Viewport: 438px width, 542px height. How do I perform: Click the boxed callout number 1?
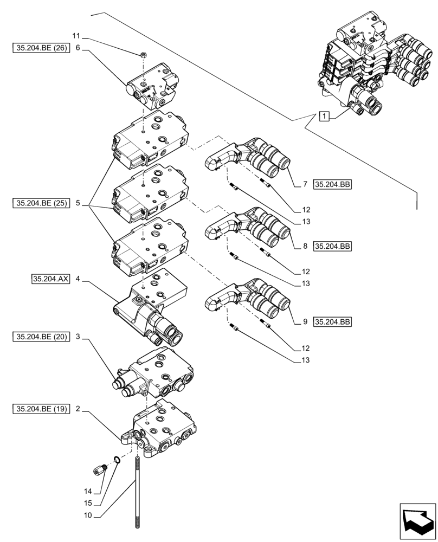324,116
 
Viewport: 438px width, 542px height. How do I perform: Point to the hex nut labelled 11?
144,54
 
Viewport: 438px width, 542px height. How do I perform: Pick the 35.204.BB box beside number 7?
332,185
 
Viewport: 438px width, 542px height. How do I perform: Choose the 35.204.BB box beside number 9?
332,322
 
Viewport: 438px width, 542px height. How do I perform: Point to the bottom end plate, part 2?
163,428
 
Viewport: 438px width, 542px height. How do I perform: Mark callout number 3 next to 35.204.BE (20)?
78,337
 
